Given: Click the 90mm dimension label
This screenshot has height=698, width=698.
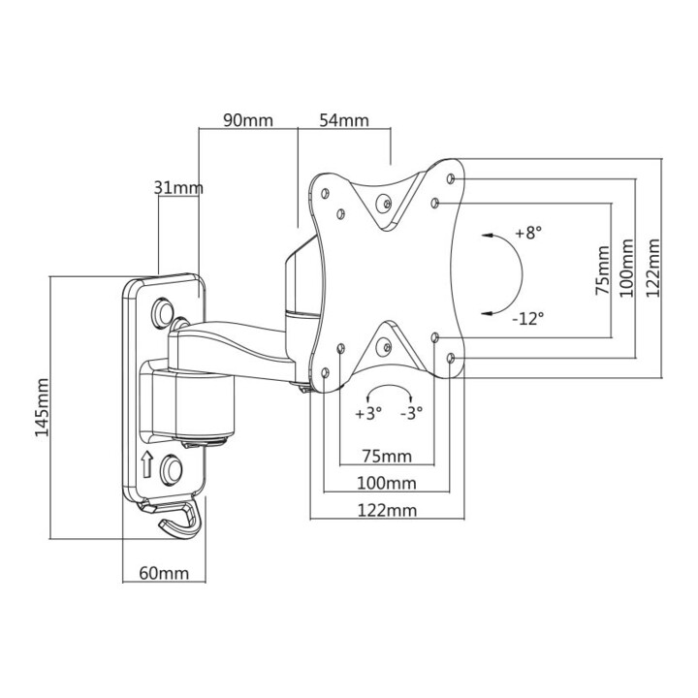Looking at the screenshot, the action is coord(248,120).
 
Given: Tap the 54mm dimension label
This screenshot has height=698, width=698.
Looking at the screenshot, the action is coord(344,120).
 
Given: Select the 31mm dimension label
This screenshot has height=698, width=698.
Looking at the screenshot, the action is coord(178,188).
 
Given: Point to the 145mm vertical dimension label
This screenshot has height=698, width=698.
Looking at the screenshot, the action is coord(43,407).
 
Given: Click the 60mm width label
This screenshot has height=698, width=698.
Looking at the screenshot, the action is coord(164,573).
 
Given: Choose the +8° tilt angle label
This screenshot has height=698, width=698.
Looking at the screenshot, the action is coord(528,233).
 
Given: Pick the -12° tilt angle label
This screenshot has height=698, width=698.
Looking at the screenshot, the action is coord(528,319).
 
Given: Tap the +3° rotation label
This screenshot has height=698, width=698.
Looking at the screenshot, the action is coord(368,413).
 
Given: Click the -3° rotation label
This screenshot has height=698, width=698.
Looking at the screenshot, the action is coord(411,413).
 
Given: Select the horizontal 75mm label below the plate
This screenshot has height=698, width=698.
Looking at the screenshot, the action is coord(387,457).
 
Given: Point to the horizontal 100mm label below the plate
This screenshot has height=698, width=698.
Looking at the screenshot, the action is coord(387,483).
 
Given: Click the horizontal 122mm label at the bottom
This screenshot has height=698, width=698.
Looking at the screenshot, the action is coord(387,510).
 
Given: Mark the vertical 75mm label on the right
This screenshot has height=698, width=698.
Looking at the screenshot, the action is coord(602,270).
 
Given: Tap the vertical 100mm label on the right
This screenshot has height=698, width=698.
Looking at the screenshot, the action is coord(627,268).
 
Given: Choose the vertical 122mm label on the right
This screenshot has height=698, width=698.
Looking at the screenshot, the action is coord(653,268).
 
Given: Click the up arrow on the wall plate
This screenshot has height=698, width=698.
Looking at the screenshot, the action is coord(147,464).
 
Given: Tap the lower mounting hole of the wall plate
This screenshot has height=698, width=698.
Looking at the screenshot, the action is coord(172,469).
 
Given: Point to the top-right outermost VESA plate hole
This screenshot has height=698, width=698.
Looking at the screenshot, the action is coord(451,179).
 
